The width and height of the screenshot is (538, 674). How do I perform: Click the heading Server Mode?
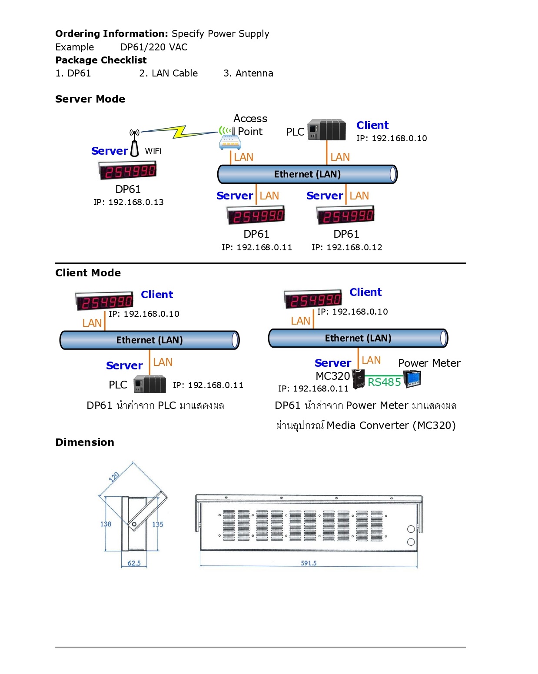90,99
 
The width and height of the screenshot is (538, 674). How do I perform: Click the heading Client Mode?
88,273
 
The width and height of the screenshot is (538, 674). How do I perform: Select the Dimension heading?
85,442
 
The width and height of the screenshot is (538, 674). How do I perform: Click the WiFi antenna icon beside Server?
135,143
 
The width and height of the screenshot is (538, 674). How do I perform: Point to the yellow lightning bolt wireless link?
179,131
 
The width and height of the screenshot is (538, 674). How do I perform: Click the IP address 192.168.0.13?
129,202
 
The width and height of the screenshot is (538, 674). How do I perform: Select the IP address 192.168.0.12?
347,247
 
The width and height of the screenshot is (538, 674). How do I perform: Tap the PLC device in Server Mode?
327,130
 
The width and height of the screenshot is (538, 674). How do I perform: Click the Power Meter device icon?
412,379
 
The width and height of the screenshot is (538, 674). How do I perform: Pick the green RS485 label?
384,382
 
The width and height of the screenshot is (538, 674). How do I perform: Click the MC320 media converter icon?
359,379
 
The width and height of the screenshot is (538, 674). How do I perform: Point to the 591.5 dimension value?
309,563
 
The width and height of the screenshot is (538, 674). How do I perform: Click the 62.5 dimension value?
134,563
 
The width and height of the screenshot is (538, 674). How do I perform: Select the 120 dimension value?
114,477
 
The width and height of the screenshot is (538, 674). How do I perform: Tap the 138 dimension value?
106,524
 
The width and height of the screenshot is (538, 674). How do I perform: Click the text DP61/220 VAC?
154,47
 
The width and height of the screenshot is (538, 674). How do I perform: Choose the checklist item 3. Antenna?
248,73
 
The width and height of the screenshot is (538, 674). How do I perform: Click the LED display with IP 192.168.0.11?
256,215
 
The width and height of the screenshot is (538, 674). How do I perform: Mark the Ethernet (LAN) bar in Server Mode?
307,174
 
